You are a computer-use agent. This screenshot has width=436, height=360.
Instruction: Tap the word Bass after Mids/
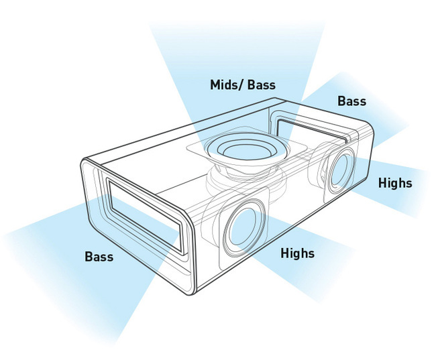262,84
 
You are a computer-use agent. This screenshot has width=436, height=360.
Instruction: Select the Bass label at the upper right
351,101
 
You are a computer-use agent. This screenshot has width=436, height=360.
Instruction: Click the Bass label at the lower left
99,256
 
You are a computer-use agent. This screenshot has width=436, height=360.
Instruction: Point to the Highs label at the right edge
395,183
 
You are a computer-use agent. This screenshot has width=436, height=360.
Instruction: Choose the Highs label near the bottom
298,253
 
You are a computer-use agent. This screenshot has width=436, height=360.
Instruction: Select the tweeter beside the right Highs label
341,170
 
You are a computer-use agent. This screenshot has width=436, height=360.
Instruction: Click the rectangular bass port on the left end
146,216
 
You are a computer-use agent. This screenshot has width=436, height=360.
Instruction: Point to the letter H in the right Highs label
382,183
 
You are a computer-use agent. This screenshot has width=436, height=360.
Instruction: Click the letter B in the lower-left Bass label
89,256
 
